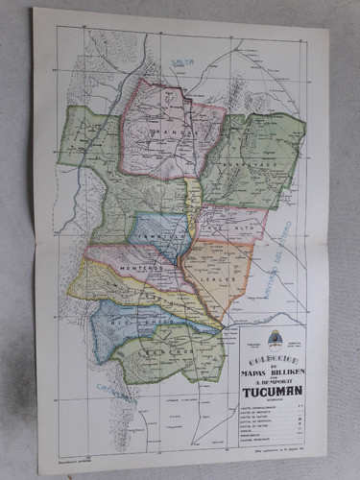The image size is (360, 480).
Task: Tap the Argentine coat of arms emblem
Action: pos(275,338)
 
